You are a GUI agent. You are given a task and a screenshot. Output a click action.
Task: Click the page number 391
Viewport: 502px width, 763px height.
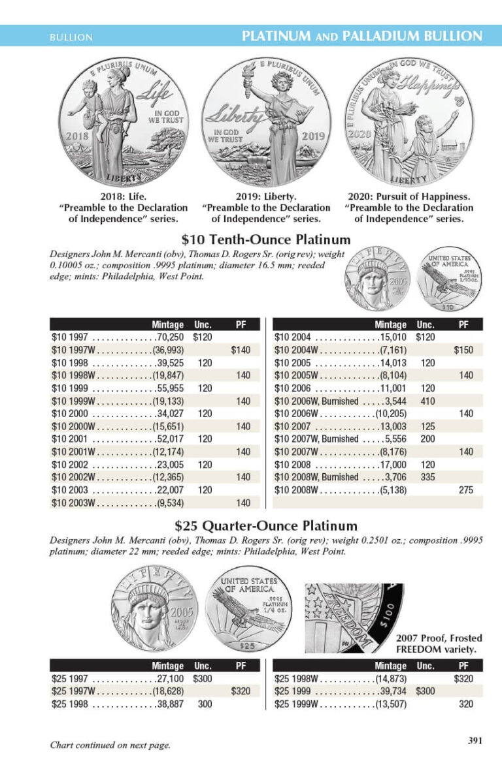[475, 740]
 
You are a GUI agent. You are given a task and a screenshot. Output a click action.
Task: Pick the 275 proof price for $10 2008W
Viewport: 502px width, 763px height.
[465, 490]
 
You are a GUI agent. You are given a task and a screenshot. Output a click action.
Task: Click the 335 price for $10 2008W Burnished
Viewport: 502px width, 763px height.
[428, 477]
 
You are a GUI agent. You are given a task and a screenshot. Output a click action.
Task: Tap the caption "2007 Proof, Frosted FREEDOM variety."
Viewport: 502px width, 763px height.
[439, 644]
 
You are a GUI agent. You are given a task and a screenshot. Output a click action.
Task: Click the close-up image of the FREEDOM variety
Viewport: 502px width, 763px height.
[354, 617]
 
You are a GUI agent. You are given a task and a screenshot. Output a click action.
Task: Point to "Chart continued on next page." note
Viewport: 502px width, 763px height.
[110, 745]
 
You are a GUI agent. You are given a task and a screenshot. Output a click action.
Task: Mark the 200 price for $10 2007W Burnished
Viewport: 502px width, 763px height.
[428, 439]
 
